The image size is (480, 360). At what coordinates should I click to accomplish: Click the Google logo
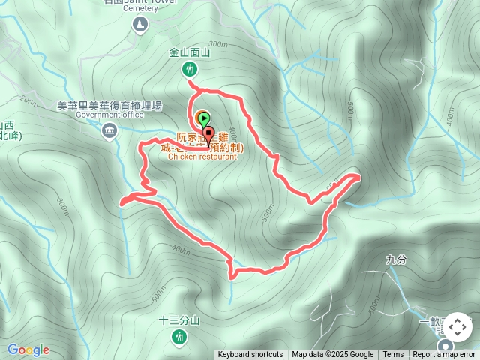[x=28, y=349]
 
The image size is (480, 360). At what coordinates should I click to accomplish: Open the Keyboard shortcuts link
[x=250, y=355]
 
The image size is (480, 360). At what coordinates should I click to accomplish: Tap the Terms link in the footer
[x=393, y=355]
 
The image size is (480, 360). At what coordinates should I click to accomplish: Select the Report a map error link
[x=444, y=355]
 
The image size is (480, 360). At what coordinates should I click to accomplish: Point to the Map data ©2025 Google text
[x=332, y=355]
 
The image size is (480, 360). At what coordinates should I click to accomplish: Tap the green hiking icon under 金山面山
[x=189, y=70]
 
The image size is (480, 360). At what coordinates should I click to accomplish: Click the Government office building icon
[x=109, y=132]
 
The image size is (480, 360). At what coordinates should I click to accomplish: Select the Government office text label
[x=109, y=115]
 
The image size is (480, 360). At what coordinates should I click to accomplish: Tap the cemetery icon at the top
[x=139, y=25]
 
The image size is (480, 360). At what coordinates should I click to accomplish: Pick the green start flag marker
[x=202, y=118]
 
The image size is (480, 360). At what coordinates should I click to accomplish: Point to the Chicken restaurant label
[x=202, y=157]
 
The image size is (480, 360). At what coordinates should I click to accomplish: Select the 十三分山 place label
[x=179, y=320]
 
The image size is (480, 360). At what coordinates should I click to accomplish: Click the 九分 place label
[x=395, y=259]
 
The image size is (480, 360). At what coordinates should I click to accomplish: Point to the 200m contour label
[x=30, y=100]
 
